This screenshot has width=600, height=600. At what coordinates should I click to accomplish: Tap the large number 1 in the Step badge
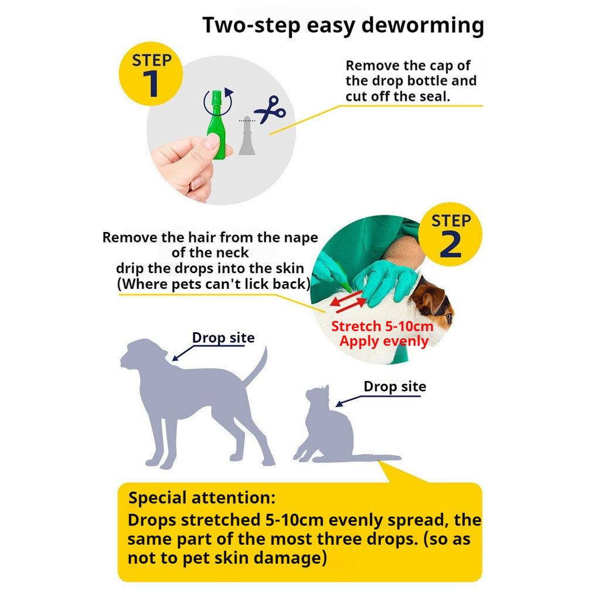(151, 83)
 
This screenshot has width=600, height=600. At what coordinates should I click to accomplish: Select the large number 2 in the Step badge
(451, 244)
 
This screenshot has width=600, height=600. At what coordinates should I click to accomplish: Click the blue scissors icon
(270, 110)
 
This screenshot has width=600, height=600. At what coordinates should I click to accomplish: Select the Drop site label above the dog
(223, 338)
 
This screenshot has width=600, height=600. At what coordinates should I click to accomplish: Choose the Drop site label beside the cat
(395, 387)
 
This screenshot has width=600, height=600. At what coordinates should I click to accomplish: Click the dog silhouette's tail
(255, 366)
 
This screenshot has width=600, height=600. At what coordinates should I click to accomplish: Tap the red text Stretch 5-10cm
(382, 326)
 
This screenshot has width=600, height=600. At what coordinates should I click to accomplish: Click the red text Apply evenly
(384, 342)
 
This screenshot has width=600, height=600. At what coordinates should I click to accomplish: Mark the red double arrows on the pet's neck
(348, 301)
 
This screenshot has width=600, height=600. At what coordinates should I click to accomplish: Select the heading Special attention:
(202, 498)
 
